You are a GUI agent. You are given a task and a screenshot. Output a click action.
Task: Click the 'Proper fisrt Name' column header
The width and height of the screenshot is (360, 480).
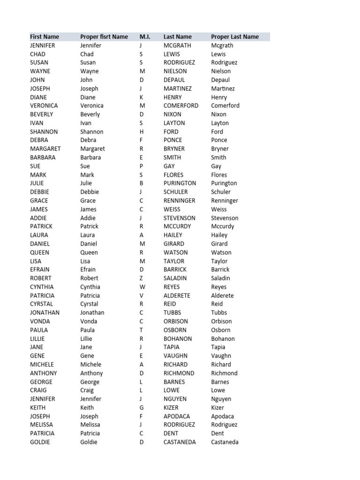104,37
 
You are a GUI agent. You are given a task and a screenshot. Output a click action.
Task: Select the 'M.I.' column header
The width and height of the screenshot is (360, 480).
144,37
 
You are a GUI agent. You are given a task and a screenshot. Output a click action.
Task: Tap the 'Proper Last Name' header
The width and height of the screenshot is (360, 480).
235,37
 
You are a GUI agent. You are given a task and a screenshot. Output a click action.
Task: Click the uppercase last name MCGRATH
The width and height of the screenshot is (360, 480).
178,45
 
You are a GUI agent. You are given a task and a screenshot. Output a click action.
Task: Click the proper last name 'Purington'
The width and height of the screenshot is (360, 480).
224,183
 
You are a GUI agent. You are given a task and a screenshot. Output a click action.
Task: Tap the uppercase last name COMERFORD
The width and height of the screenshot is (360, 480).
181,105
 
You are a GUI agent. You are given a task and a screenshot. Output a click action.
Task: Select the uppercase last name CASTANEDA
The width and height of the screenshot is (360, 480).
180,442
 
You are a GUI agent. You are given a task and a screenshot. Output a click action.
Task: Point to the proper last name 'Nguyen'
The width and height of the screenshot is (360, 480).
221,399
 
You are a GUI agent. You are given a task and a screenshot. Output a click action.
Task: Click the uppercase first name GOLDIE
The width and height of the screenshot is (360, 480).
40,442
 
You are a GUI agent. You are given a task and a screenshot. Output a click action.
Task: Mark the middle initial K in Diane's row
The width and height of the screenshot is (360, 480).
142,97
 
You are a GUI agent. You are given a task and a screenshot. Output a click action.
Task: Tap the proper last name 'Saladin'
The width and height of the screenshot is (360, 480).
221,278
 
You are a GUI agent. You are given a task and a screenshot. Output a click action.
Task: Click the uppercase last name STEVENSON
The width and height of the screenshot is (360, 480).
180,218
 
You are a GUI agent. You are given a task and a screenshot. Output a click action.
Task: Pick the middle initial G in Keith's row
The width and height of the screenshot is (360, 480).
142,407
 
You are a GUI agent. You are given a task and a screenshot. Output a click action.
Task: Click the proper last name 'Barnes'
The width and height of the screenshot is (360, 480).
220,382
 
